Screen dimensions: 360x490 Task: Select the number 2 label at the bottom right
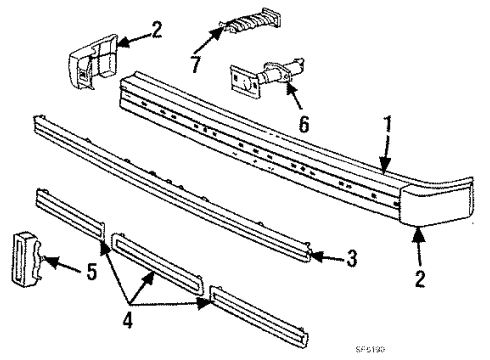click(421, 278)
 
